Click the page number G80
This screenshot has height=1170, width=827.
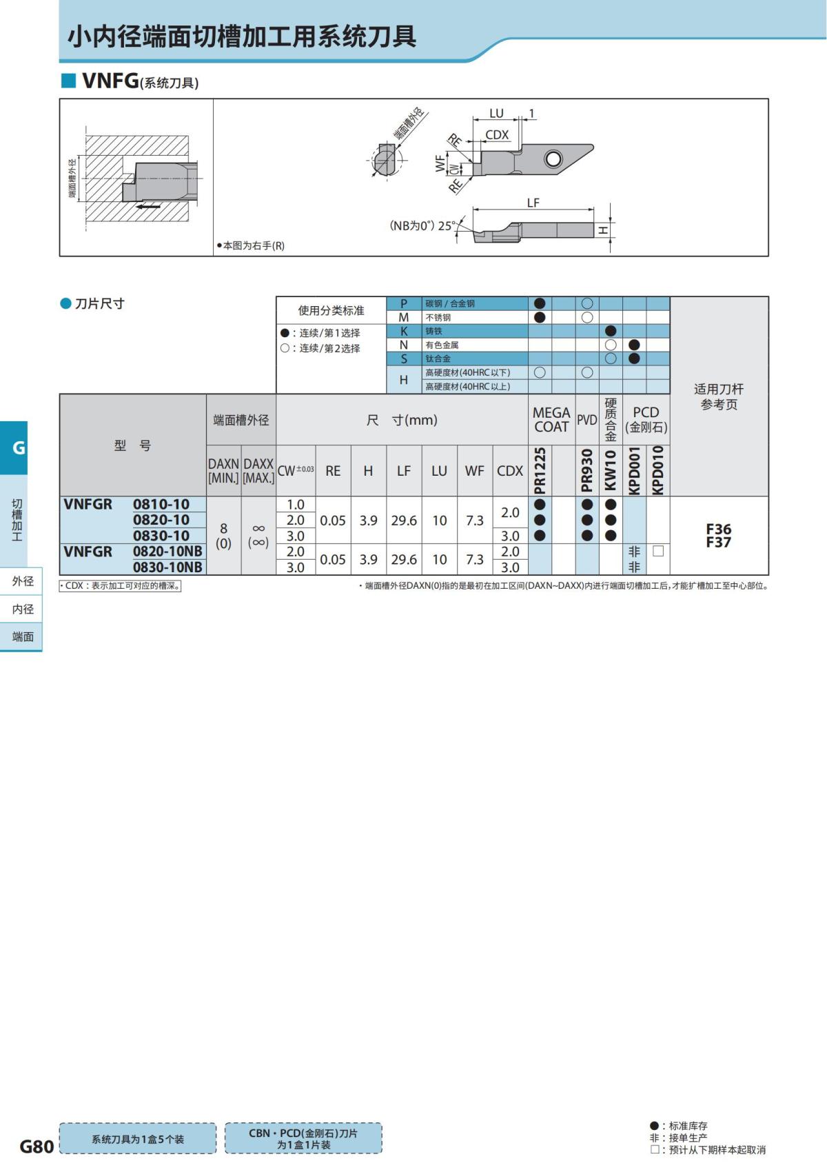point(37,1146)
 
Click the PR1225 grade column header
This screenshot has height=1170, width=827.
point(540,471)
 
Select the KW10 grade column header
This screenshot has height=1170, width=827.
point(611,471)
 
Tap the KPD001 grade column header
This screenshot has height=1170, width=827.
point(634,471)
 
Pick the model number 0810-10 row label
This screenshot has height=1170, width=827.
point(161,504)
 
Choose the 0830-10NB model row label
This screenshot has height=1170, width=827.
point(167,567)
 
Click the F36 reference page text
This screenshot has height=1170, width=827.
point(718,529)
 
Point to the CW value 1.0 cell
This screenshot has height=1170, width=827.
point(296,505)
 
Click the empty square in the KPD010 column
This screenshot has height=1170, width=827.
point(658,552)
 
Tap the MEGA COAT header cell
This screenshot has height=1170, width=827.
point(551,419)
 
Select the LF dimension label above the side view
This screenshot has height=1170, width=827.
point(533,203)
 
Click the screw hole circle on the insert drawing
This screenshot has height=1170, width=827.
point(553,159)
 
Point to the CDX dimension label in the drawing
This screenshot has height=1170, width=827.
point(497,135)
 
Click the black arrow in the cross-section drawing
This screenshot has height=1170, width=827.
point(147,206)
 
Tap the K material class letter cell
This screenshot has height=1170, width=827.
point(404,331)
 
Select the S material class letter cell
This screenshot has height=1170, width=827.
point(404,359)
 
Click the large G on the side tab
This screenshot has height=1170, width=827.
point(19,447)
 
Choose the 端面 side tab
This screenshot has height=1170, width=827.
point(23,637)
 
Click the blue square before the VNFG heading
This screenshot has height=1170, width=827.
point(68,81)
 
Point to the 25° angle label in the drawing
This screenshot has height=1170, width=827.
point(447,225)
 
